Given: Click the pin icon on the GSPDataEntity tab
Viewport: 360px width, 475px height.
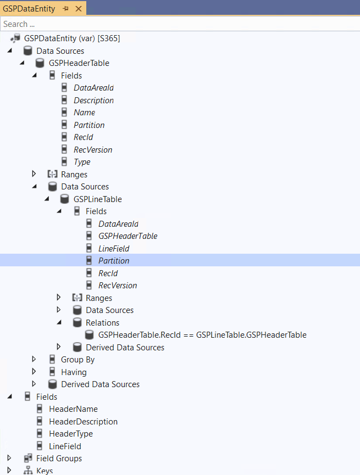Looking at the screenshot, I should tap(65, 9).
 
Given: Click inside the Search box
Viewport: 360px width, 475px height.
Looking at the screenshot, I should tap(165, 24).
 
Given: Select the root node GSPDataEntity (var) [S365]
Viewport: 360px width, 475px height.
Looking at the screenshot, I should tap(71, 38).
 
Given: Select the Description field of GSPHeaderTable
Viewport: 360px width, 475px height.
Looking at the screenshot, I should tap(93, 100).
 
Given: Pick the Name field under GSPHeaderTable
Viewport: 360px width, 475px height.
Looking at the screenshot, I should tap(84, 113).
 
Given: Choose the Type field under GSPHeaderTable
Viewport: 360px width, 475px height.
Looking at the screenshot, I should tap(82, 162).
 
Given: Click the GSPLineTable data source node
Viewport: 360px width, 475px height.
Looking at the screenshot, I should tap(97, 199).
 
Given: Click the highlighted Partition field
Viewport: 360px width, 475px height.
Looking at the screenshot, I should tap(114, 261).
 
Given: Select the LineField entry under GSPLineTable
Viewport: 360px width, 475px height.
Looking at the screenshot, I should tap(114, 249).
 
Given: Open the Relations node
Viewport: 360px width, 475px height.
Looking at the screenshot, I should tap(102, 323).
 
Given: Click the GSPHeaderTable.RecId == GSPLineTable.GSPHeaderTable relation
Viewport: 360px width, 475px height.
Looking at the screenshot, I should tap(202, 335).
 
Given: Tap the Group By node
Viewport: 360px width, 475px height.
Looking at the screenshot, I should tap(77, 360).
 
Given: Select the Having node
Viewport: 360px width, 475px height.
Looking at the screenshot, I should tap(74, 372).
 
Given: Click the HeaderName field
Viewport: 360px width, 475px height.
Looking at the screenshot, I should tap(73, 409).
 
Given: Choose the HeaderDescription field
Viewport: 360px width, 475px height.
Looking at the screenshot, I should tap(83, 422).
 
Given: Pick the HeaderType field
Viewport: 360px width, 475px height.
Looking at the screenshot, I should tap(71, 434).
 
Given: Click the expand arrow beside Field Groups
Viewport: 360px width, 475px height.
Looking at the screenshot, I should tap(9, 458).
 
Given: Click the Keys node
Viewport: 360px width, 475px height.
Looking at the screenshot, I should tap(45, 471).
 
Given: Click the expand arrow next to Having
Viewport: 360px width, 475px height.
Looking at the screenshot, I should tap(34, 372).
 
